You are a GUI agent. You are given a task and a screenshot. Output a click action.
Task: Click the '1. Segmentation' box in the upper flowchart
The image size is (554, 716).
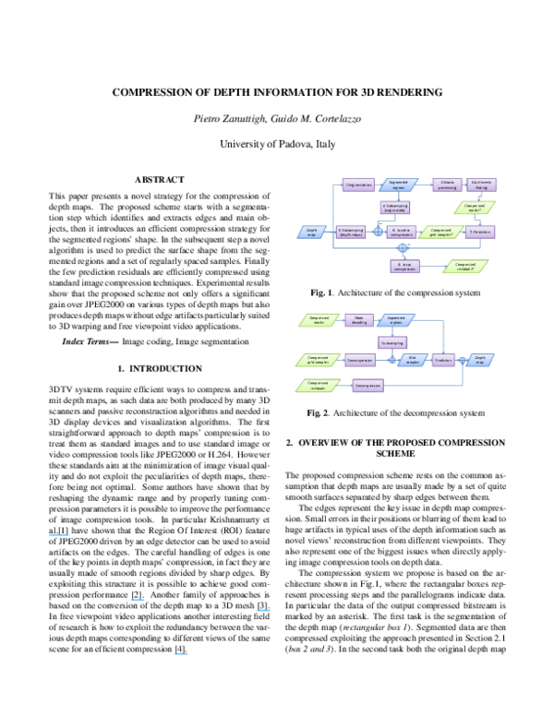tap(358, 185)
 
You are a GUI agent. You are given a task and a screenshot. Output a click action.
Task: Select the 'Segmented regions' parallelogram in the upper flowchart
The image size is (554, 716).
tap(399, 185)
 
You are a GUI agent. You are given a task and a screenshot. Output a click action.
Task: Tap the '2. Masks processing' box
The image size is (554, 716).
tap(447, 185)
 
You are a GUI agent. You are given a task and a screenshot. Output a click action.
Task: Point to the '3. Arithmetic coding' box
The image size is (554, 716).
tap(481, 185)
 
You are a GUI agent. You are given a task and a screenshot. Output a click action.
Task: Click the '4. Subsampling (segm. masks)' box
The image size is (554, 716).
tap(395, 208)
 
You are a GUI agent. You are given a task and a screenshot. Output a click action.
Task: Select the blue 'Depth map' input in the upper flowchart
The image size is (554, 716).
tap(312, 232)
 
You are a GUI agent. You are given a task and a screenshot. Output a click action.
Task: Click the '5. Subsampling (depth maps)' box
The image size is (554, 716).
tap(351, 232)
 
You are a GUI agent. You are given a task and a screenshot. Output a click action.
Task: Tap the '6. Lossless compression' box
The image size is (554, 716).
tap(402, 232)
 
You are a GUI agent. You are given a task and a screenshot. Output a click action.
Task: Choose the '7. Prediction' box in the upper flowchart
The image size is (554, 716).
tap(480, 232)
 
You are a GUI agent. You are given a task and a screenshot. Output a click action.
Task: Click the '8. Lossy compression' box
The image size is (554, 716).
tap(404, 266)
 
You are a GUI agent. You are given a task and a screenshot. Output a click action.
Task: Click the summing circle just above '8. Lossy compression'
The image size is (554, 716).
tap(403, 248)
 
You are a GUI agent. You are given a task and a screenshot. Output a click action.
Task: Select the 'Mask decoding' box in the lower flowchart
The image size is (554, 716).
tap(359, 320)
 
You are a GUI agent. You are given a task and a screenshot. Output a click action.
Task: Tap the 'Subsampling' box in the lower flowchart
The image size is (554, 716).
tap(392, 342)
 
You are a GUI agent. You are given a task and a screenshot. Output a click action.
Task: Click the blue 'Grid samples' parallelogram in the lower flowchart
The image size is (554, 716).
tap(413, 360)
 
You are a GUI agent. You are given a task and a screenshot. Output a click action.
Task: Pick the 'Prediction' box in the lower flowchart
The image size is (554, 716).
tap(443, 360)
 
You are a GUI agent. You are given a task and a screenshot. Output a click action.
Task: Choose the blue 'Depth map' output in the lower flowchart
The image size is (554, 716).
tap(480, 360)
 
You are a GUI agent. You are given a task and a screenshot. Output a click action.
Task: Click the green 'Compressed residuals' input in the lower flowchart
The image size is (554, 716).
tap(319, 385)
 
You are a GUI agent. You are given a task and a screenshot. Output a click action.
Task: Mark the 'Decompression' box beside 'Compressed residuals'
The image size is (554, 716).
tap(367, 385)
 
